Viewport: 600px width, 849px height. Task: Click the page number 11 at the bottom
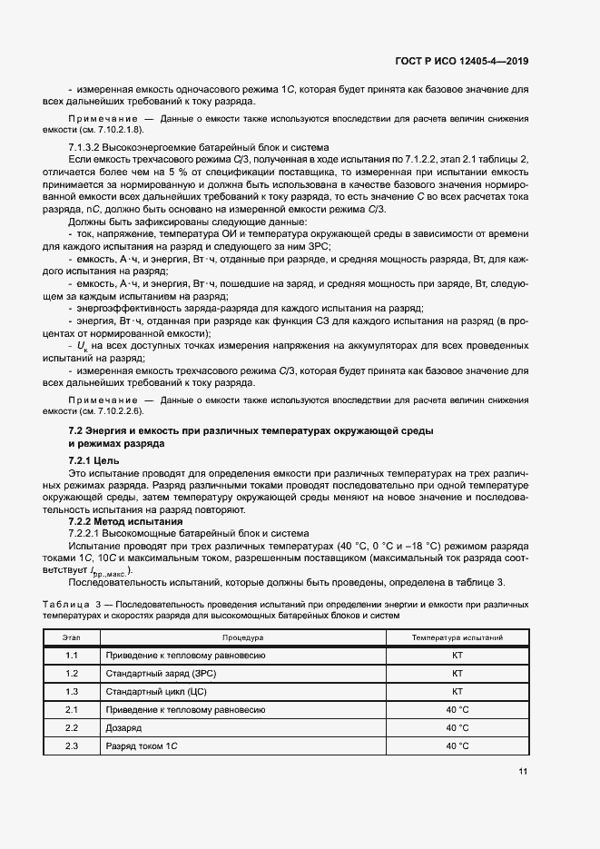pos(523,772)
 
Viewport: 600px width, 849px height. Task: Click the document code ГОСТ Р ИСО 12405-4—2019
pos(464,62)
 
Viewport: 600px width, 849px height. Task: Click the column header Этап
pos(72,638)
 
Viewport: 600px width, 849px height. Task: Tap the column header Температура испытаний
pos(457,638)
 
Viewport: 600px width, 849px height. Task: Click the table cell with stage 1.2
pos(72,674)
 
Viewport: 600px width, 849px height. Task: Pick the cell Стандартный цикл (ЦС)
pos(151,692)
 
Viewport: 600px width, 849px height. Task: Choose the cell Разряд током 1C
pos(141,745)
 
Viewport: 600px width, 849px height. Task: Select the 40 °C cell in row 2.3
pos(457,745)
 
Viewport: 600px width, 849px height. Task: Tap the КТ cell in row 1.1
pos(457,656)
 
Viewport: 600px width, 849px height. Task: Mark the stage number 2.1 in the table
pos(72,710)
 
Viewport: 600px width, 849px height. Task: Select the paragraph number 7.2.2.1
pos(90,533)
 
